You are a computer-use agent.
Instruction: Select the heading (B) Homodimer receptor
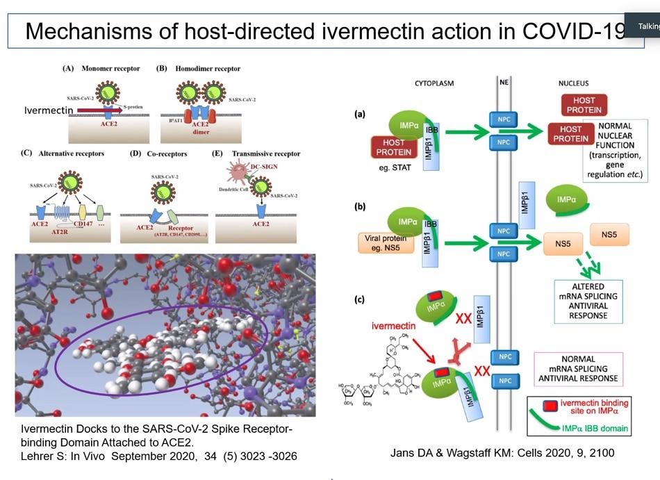pyautogui.click(x=199, y=68)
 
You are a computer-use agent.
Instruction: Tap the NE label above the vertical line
pyautogui.click(x=504, y=83)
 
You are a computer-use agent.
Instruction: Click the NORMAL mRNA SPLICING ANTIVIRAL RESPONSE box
pyautogui.click(x=578, y=370)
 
